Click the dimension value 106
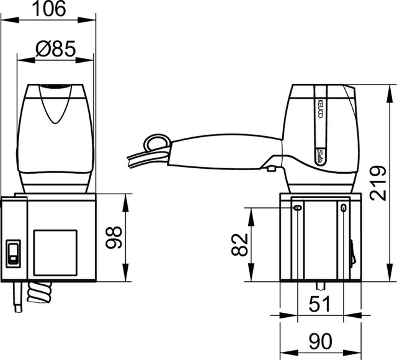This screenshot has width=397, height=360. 55,9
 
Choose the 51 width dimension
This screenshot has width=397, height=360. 320,305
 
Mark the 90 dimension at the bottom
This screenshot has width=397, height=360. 320,341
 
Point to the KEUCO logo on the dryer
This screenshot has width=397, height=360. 319,103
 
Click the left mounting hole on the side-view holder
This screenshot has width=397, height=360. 297,207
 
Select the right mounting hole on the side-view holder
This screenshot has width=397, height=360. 342,207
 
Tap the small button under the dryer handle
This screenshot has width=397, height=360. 271,166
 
